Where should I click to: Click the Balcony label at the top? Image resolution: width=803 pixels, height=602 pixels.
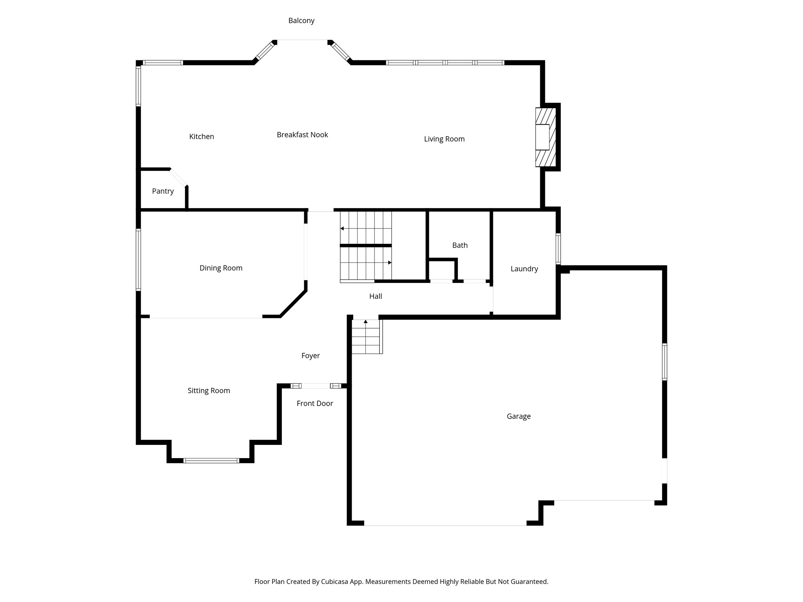pyautogui.click(x=301, y=20)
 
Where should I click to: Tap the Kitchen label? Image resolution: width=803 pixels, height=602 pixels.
pyautogui.click(x=202, y=136)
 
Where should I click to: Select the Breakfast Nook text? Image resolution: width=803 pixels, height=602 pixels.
pyautogui.click(x=302, y=134)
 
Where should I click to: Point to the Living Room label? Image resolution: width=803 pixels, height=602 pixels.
pyautogui.click(x=444, y=139)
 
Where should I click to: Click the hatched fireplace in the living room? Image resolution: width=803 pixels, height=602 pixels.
pyautogui.click(x=545, y=137)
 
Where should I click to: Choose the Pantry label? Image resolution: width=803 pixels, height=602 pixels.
pyautogui.click(x=163, y=191)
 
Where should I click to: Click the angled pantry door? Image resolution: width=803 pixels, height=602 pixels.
pyautogui.click(x=179, y=178)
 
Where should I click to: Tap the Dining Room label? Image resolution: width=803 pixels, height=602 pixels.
pyautogui.click(x=221, y=268)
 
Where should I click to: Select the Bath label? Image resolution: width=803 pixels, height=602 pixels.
pyautogui.click(x=460, y=245)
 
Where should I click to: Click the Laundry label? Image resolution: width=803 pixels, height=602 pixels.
pyautogui.click(x=524, y=268)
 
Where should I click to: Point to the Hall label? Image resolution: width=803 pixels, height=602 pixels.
pyautogui.click(x=375, y=296)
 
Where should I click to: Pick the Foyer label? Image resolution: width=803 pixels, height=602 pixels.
pyautogui.click(x=311, y=355)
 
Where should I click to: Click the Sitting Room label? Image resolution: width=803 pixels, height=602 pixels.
pyautogui.click(x=209, y=390)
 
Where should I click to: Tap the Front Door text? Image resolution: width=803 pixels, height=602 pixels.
pyautogui.click(x=315, y=403)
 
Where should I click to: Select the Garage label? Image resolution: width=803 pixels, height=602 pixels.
pyautogui.click(x=518, y=416)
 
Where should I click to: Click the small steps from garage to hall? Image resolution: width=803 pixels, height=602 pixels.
pyautogui.click(x=366, y=337)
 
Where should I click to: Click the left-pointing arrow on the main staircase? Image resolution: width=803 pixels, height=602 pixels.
pyautogui.click(x=342, y=228)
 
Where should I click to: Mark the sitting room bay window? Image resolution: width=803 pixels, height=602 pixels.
pyautogui.click(x=211, y=461)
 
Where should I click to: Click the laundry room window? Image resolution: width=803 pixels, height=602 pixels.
pyautogui.click(x=558, y=248)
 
